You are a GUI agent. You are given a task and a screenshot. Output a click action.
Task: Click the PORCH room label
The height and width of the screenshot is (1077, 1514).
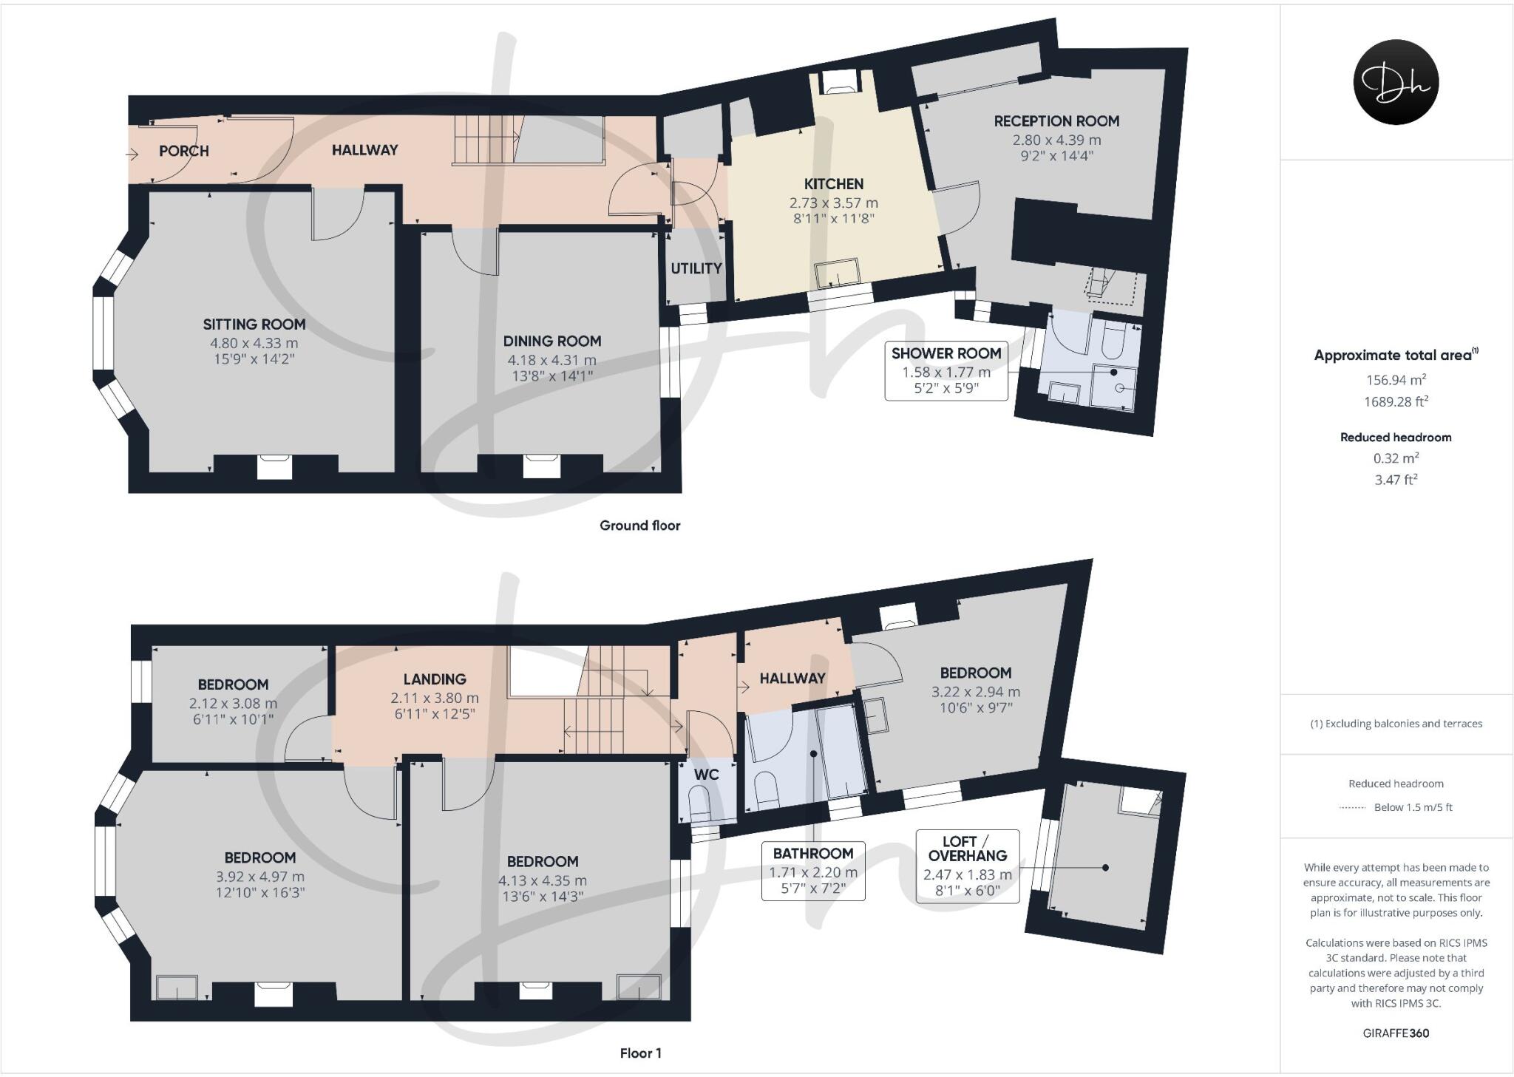[183, 151]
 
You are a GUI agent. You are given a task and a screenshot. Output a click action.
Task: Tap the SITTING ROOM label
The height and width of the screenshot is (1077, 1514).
[254, 325]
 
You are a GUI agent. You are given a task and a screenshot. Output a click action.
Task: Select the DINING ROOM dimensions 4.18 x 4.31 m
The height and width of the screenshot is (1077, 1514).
[551, 360]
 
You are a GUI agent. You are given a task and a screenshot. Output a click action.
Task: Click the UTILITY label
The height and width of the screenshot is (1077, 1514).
[696, 268]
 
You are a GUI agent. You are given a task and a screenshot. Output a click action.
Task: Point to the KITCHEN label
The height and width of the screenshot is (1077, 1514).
[834, 184]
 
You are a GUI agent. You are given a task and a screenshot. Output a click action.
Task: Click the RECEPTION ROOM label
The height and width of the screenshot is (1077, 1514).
[1056, 121]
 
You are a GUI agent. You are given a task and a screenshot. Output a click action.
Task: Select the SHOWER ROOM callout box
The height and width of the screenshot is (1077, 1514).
[946, 371]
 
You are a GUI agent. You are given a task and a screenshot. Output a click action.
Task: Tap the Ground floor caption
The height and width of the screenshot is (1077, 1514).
[639, 526]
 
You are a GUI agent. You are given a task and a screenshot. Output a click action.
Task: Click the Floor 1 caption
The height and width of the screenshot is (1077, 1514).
[640, 1053]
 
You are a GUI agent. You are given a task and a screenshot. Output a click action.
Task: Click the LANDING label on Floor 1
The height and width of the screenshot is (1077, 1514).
[435, 679]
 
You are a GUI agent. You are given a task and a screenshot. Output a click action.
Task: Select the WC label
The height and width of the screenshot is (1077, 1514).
[707, 775]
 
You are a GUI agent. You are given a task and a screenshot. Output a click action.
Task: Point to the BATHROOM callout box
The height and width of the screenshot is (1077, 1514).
[813, 872]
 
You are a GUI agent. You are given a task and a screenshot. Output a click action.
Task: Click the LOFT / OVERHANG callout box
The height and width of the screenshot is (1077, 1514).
[967, 866]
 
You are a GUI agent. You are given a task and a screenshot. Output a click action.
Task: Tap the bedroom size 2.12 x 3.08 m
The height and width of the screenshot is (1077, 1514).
[233, 704]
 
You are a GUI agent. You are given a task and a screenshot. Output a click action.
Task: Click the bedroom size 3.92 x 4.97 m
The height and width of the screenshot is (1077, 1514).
[260, 877]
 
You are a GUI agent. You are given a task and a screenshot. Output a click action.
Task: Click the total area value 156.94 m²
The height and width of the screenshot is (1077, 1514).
[1396, 380]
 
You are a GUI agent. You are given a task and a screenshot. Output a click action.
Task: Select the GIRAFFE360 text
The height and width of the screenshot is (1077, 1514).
[1396, 1033]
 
